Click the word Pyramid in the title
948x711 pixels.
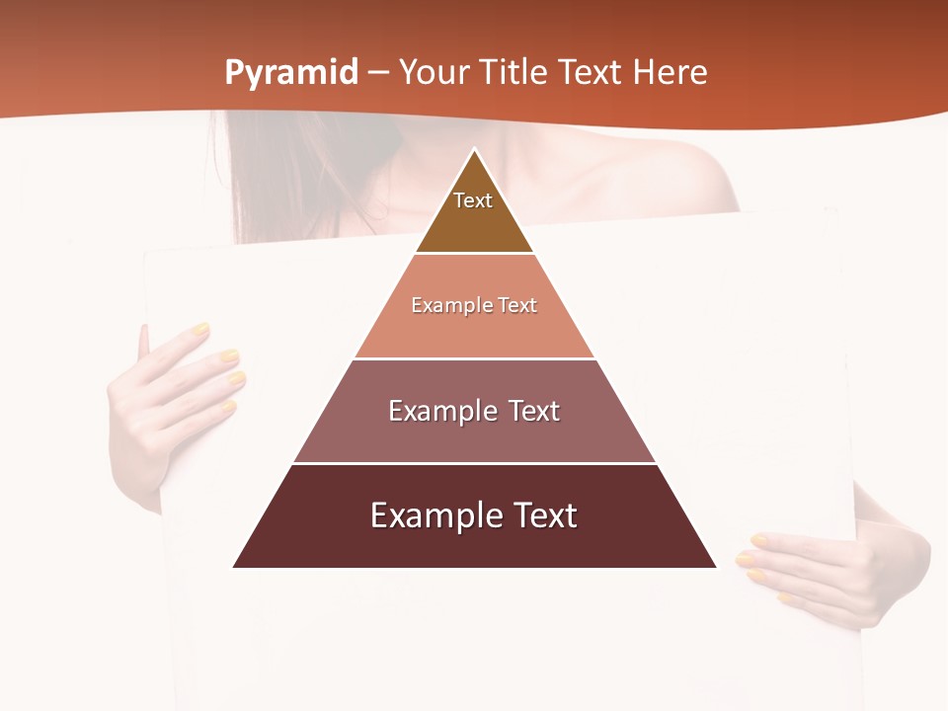291,72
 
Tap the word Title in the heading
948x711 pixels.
514,72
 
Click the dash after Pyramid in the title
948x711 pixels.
378,73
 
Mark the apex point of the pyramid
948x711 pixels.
474,149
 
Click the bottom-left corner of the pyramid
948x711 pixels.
234,567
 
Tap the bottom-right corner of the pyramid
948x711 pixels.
715,567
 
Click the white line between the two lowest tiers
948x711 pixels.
474,463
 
